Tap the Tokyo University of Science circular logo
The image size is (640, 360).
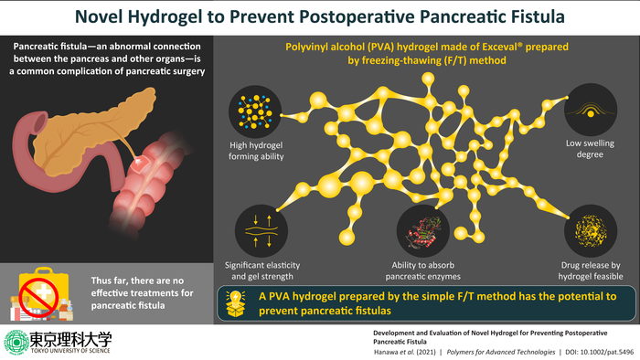[x=16, y=341]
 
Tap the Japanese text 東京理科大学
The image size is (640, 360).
[x=67, y=335]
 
